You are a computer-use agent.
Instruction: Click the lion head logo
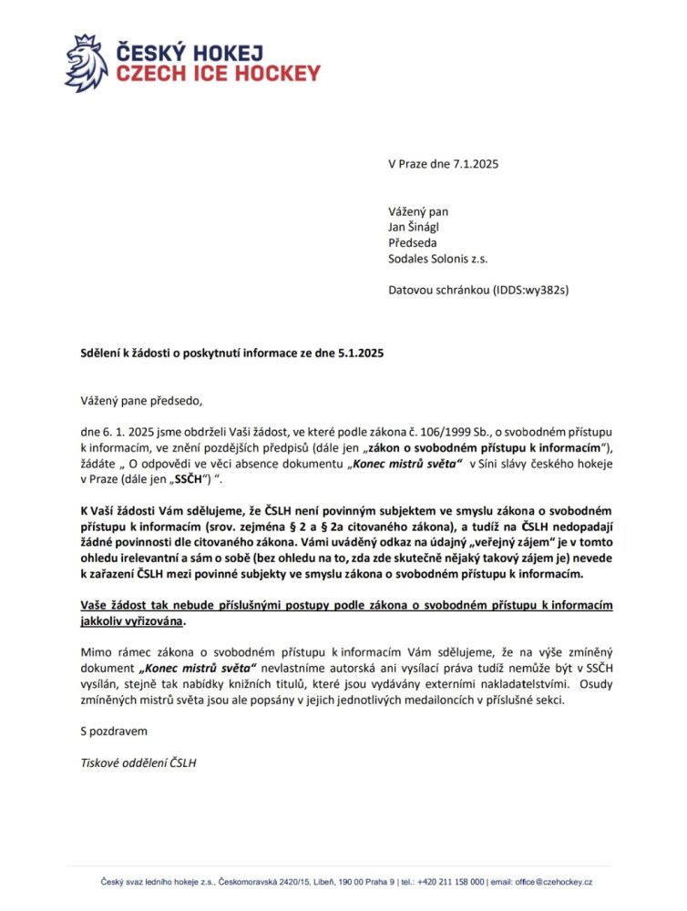pyautogui.click(x=86, y=63)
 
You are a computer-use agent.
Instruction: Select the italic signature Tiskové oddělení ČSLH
pyautogui.click(x=138, y=763)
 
